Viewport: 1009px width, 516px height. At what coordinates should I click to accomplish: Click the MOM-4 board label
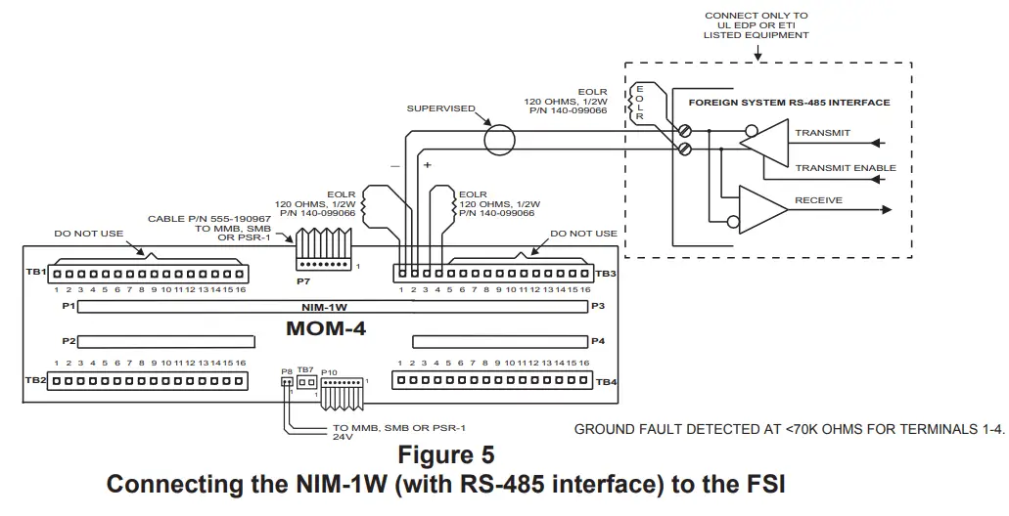326,329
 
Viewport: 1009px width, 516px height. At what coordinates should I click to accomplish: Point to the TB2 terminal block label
36,379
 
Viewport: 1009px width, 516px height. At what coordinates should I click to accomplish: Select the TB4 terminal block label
605,381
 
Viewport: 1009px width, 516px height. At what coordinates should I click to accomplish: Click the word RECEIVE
818,200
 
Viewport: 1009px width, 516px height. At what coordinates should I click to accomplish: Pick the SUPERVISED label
440,108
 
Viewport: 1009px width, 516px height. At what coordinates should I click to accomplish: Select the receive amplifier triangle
762,207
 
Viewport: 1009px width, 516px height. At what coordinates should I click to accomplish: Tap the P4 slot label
597,341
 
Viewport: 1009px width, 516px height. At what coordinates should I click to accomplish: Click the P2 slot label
69,341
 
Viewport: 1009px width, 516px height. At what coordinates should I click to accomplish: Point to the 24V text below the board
343,438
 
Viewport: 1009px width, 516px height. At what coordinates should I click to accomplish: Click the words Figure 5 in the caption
445,455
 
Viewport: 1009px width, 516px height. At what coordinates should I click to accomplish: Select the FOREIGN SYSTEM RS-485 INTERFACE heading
789,102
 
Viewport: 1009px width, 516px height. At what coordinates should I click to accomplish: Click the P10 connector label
329,371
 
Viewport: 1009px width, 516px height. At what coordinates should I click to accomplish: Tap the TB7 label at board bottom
305,370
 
